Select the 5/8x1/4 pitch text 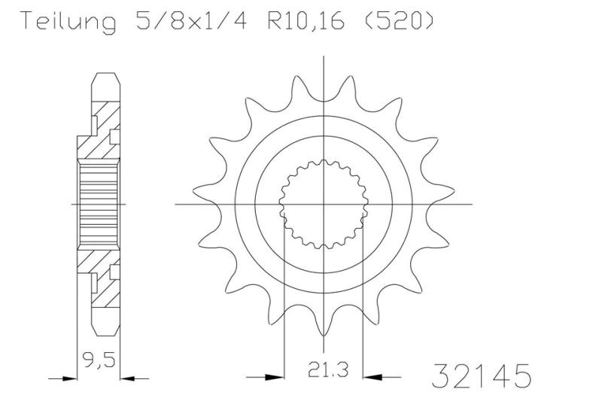pos(191,21)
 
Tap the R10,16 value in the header pos(306,22)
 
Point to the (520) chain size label pos(398,21)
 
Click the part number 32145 pos(482,376)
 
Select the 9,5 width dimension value pos(99,360)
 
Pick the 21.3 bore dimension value pos(328,370)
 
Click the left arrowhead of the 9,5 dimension pos(69,378)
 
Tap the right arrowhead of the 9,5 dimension pos(128,378)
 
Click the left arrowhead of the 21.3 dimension pos(275,378)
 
